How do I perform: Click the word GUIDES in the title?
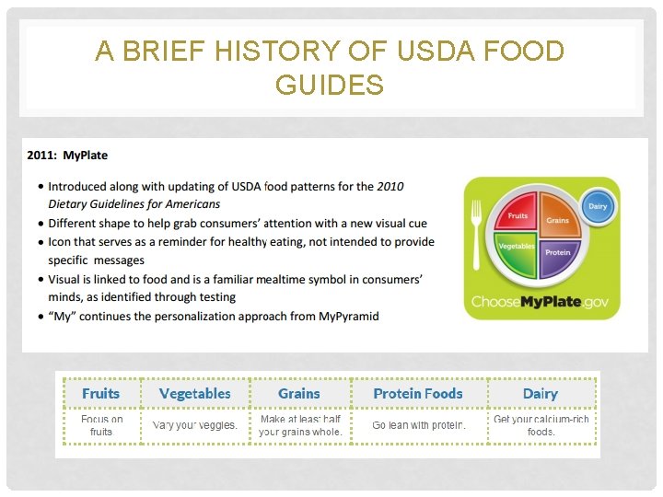click(x=330, y=86)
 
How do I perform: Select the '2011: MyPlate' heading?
click(x=68, y=156)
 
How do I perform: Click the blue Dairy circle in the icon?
click(x=598, y=206)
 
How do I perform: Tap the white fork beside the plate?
click(x=476, y=235)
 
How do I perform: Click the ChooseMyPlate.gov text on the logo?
click(x=541, y=301)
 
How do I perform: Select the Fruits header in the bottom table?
click(x=100, y=393)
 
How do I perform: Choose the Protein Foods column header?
click(x=418, y=393)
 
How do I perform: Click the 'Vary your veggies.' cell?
click(x=194, y=425)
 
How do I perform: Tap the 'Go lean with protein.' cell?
click(x=419, y=425)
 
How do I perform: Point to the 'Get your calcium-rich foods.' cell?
click(x=541, y=425)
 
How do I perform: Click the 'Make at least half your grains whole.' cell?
click(x=300, y=425)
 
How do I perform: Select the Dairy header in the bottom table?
click(x=540, y=393)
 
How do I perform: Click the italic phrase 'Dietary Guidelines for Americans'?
click(x=134, y=204)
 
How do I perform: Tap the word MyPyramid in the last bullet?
click(x=348, y=316)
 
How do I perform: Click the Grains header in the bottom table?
click(x=299, y=393)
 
